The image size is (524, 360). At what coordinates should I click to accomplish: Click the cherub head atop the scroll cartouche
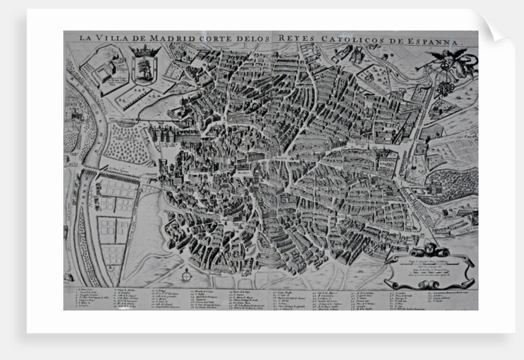[430, 250]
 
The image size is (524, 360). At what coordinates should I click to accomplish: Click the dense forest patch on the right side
[450, 185]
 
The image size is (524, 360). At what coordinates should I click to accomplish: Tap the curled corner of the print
[493, 28]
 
